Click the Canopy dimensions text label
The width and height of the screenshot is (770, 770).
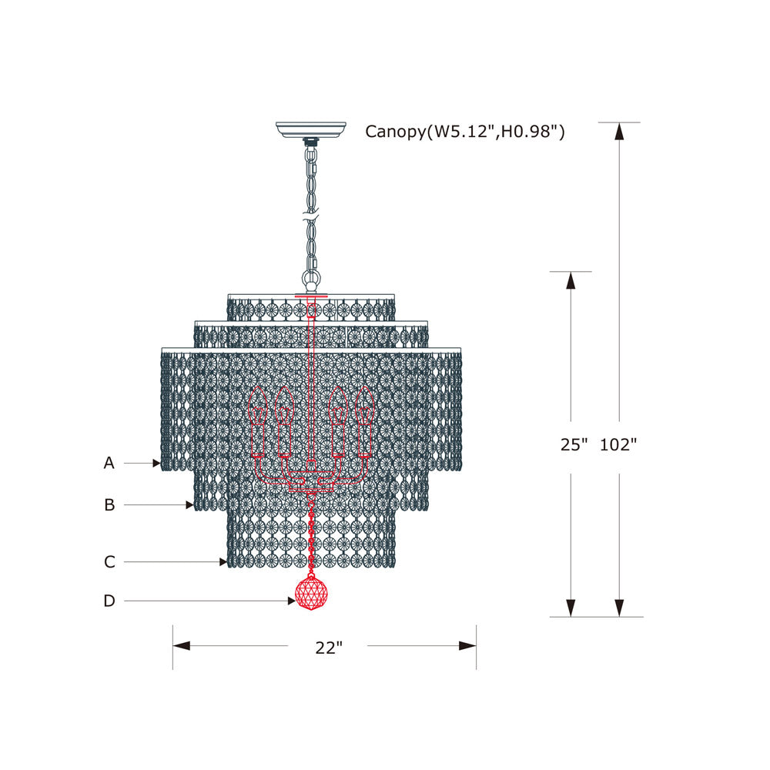(465, 132)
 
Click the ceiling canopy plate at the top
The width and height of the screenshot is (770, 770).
(311, 129)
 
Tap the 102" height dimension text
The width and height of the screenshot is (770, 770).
(618, 444)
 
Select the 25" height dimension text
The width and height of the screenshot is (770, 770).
(574, 444)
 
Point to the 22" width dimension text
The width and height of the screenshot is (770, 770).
(328, 648)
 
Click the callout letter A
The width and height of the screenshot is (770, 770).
(109, 463)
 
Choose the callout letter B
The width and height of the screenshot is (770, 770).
(109, 505)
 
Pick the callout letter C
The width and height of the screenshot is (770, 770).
(109, 562)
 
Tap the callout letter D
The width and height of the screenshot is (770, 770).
(109, 601)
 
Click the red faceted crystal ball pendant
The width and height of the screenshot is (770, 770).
(312, 594)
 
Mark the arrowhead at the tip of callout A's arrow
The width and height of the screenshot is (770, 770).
(156, 464)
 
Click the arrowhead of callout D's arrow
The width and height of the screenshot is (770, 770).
(290, 601)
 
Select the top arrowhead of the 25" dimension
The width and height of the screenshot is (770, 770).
(571, 281)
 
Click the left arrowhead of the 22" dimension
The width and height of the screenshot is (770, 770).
(181, 646)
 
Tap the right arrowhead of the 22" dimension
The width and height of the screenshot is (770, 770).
(467, 646)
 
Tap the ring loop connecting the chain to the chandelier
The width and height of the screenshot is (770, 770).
(312, 278)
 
